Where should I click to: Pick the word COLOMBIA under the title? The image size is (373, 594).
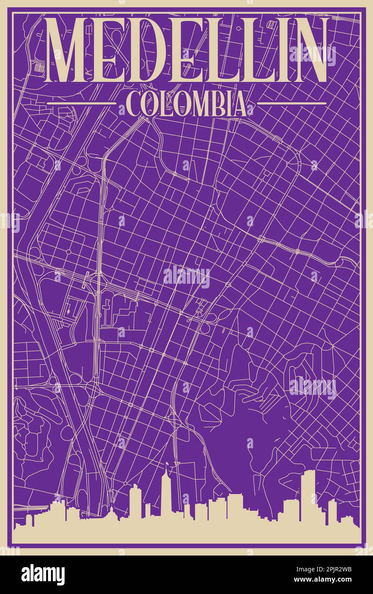[186, 104]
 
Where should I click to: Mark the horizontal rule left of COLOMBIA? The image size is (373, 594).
[81, 103]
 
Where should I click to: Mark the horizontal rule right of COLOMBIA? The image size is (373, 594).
[292, 103]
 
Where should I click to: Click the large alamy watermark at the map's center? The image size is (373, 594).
[186, 277]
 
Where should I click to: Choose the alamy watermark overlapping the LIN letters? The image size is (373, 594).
[312, 55]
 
